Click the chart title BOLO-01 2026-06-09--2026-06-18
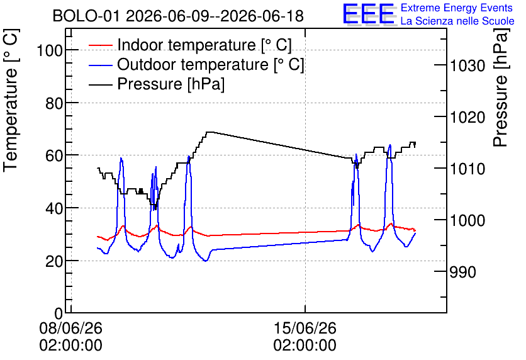point(178,16)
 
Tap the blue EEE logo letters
point(369,14)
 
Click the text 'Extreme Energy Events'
point(457,8)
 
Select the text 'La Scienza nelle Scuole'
point(457,21)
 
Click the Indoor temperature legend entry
point(190,45)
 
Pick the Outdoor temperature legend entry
point(196,64)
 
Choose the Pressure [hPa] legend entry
point(157,84)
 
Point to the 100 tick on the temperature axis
point(50,51)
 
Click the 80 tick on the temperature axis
point(54,103)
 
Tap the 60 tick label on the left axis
point(54,156)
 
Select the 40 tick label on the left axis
point(54,209)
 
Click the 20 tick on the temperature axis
point(54,261)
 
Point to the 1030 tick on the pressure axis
point(467,65)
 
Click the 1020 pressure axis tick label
point(467,118)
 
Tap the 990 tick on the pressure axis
point(462,272)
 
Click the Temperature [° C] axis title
point(11,101)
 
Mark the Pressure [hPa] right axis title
point(501,87)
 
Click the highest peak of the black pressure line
point(210,132)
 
